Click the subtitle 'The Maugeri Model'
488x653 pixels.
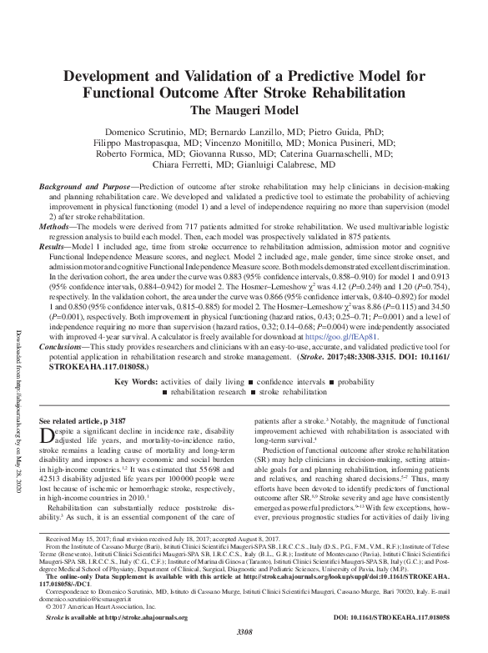coord(243,108)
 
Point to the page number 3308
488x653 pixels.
coord(243,645)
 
